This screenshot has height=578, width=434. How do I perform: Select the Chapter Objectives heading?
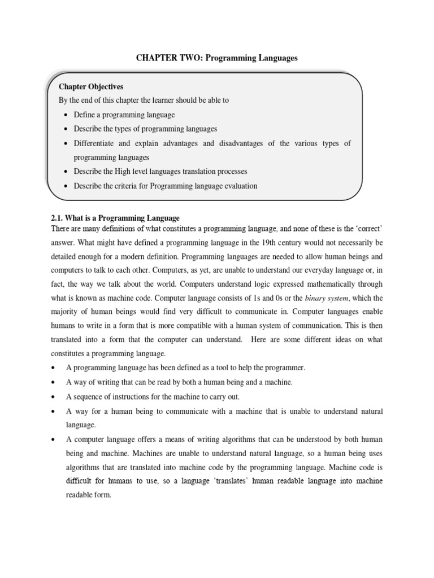pos(91,87)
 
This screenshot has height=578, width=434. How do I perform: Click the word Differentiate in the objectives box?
pos(96,143)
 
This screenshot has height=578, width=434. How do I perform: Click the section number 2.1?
pos(57,218)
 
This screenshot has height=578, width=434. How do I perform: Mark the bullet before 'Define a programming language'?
pos(66,115)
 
